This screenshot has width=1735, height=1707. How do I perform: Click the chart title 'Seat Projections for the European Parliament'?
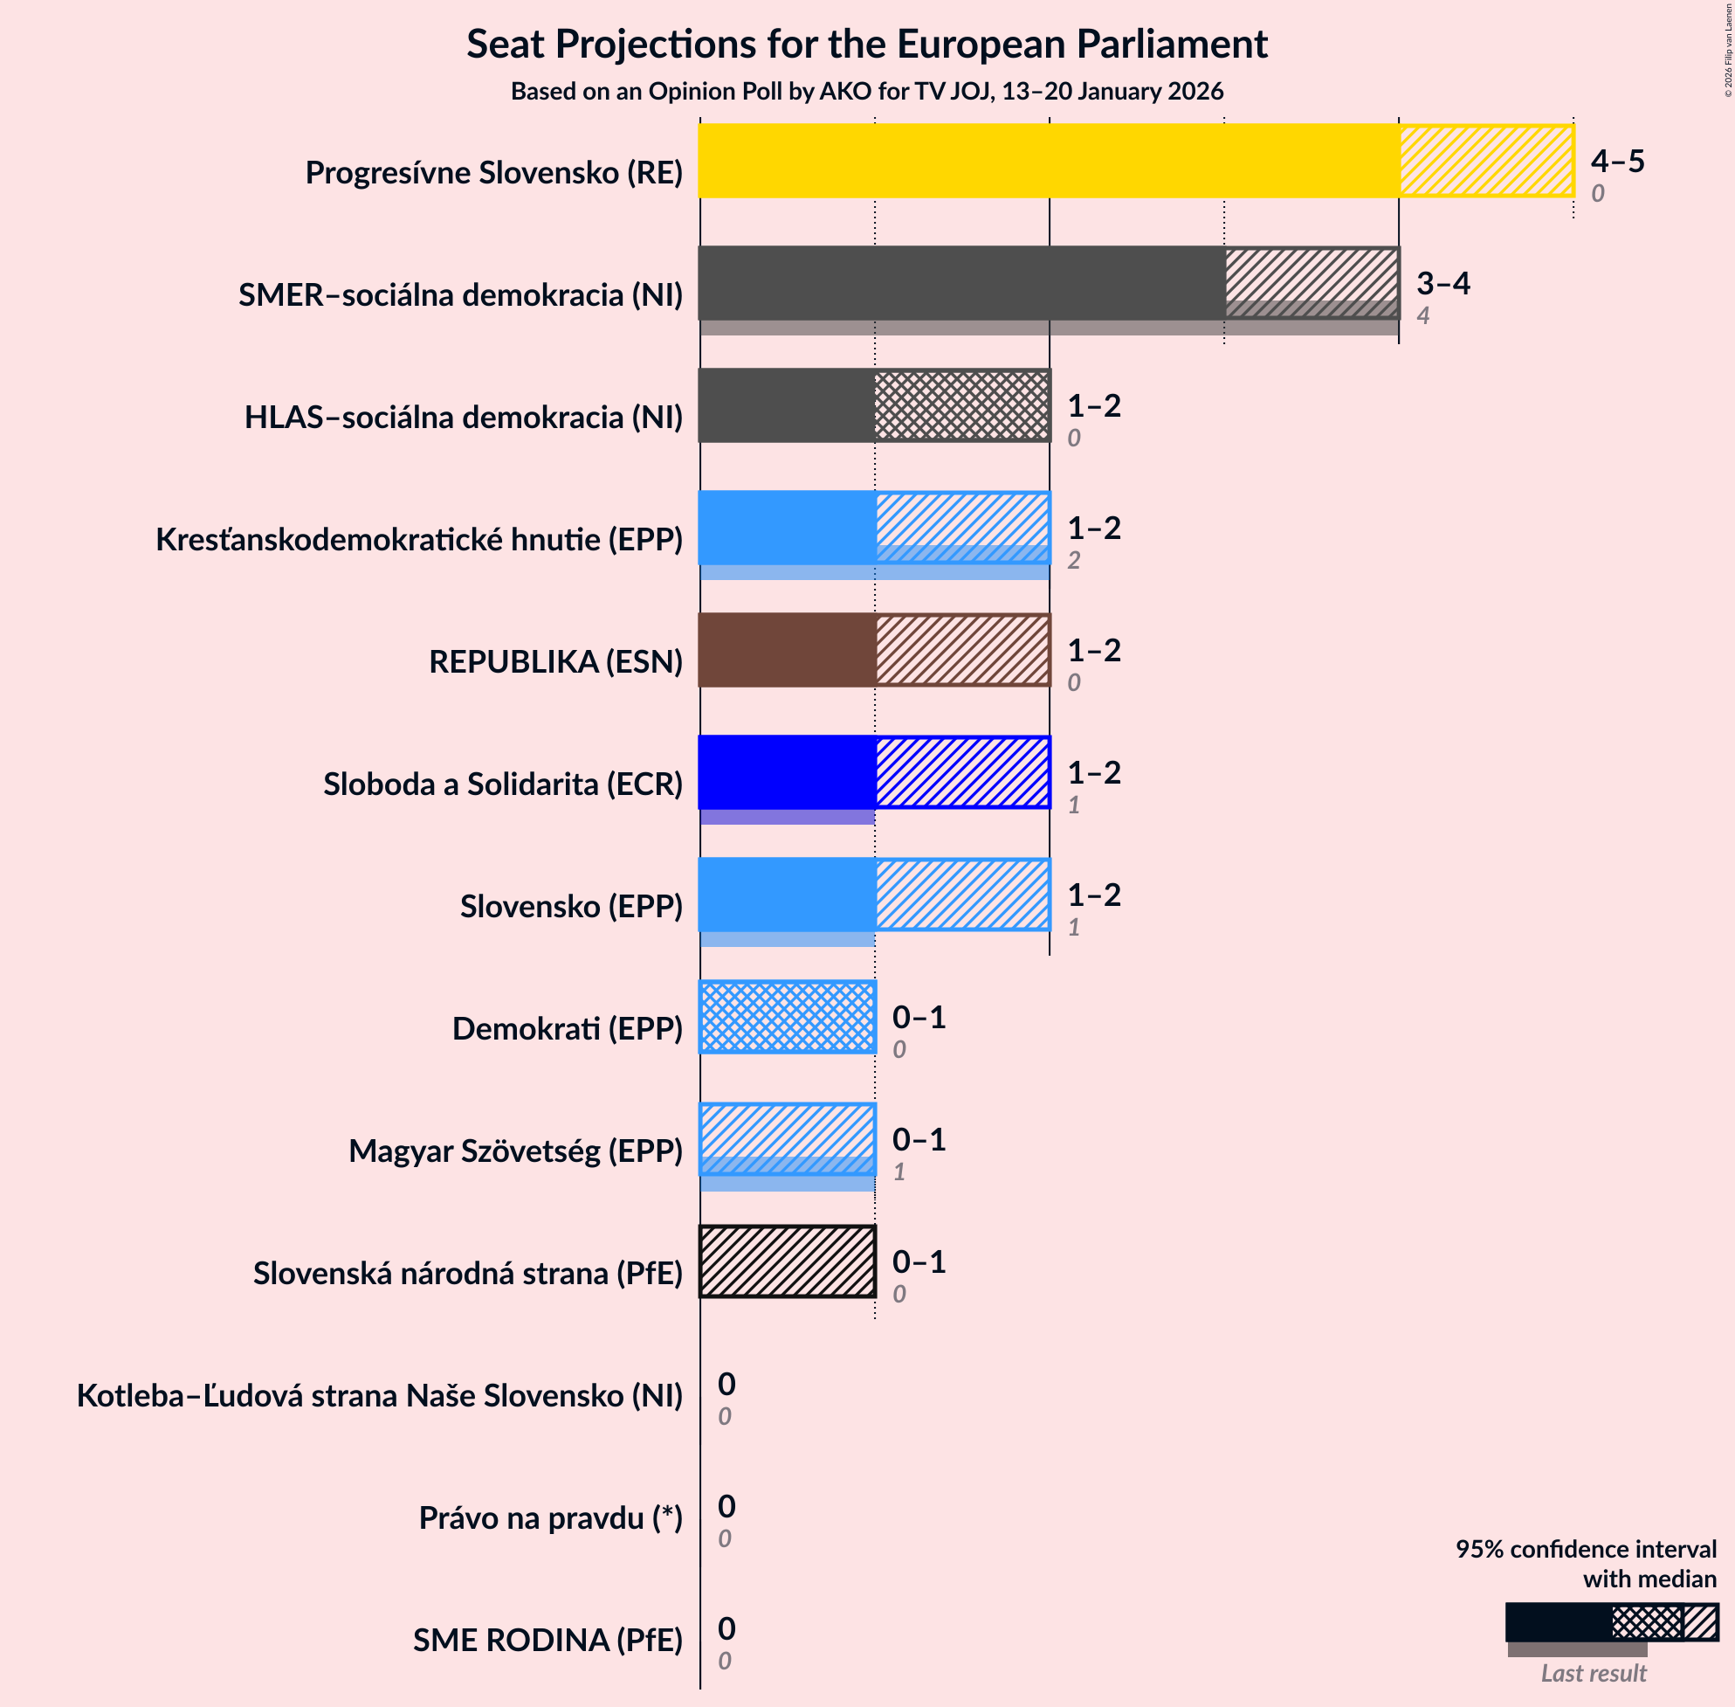pos(866,44)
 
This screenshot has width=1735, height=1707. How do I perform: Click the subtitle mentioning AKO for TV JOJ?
pos(866,92)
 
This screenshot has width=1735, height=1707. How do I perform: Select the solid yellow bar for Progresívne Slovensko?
pos(1049,161)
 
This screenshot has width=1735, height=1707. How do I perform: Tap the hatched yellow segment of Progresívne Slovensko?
pos(1486,161)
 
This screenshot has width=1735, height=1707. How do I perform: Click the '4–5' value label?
pos(1617,162)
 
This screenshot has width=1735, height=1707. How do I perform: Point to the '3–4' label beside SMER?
pos(1442,284)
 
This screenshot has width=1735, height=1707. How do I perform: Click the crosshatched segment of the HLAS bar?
pos(961,405)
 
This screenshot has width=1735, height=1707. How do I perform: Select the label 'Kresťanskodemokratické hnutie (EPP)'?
pos(418,540)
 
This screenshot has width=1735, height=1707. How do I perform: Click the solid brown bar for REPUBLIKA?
pos(787,650)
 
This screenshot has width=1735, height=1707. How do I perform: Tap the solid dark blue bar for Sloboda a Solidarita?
pos(787,772)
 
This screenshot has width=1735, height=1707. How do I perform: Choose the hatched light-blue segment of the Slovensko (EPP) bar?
pos(961,894)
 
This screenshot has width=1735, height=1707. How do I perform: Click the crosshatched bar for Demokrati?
pos(787,1017)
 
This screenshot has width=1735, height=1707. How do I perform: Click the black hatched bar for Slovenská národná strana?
pos(787,1261)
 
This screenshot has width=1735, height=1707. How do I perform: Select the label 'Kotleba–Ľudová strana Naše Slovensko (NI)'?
pos(379,1396)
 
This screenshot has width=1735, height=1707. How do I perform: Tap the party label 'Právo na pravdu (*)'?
pos(550,1517)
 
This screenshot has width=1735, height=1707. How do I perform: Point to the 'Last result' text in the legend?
pos(1593,1673)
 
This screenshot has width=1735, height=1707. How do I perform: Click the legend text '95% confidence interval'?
pos(1586,1549)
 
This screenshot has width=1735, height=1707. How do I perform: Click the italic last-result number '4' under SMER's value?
pos(1422,315)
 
